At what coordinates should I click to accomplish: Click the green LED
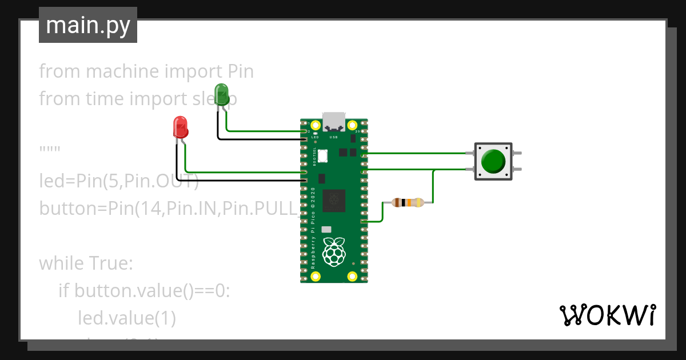pos(221,94)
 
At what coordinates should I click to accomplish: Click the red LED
pos(180,127)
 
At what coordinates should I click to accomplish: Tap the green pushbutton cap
pos(493,162)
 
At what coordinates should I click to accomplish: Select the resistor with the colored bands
pos(407,202)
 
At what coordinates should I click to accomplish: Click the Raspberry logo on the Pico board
pos(334,251)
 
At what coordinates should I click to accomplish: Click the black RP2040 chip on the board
pos(334,200)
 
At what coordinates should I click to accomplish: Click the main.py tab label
pos(88,26)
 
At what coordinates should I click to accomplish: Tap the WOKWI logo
pos(607,315)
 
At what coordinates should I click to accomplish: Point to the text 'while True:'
pos(86,263)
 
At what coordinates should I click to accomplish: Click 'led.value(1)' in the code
pos(126,318)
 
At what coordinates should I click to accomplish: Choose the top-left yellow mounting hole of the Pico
pos(315,125)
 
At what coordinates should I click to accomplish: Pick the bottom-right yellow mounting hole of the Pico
pos(353,277)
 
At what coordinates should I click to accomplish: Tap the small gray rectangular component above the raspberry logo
pos(326,229)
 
